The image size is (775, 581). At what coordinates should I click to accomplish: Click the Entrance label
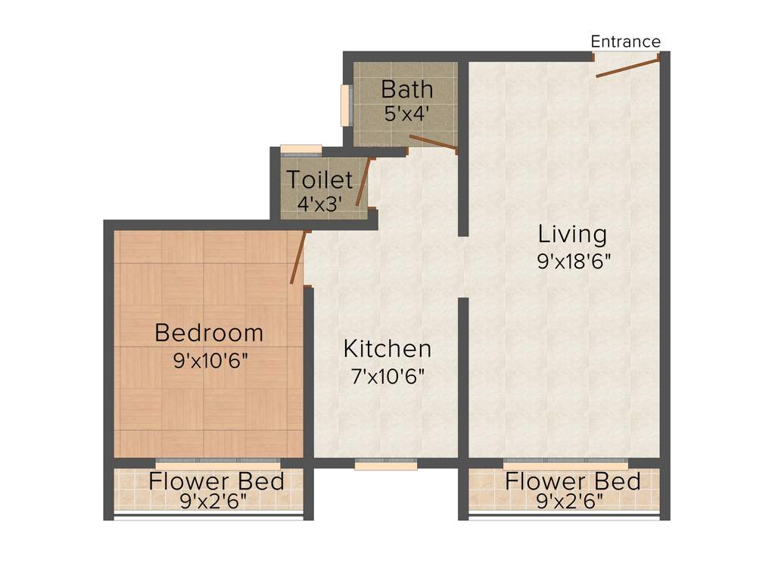coord(625,42)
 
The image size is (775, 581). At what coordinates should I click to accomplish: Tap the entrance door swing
coord(627,67)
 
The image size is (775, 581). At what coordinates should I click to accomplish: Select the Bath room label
coord(407,89)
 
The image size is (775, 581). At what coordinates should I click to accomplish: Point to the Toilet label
coord(319,180)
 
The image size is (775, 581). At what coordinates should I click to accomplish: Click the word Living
coord(572,234)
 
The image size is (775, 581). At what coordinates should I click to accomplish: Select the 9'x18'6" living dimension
coord(573,261)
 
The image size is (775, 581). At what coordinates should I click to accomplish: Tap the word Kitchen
coord(387,349)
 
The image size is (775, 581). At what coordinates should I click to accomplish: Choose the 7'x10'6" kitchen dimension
coord(387,375)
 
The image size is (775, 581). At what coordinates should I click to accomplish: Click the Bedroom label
coord(209,333)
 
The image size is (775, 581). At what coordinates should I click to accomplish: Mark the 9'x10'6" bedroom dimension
coord(210,359)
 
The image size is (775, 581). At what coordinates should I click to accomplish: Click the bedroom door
coord(298,258)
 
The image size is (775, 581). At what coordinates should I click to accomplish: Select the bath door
coord(433,142)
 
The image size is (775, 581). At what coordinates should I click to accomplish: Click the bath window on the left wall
coord(347,105)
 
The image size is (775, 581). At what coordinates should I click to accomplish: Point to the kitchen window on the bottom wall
coord(385,465)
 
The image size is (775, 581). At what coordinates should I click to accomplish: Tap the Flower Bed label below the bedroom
coord(216,481)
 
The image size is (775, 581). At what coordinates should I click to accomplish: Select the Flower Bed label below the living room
coord(573,481)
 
